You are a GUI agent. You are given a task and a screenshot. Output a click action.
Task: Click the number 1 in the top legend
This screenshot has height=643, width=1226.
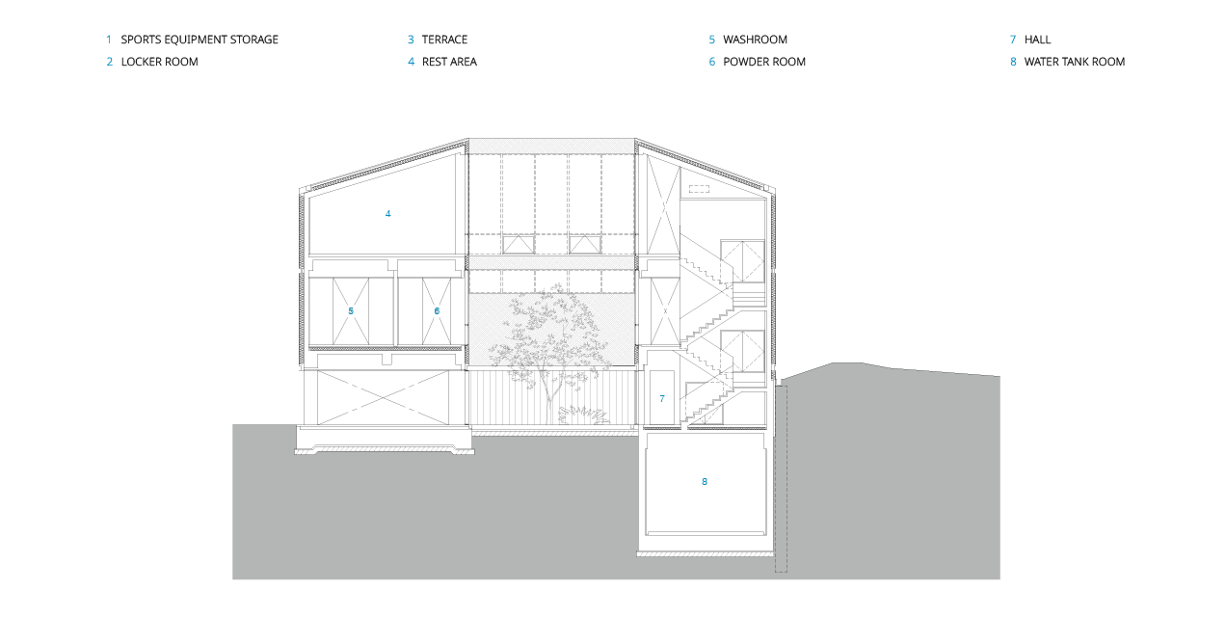pyautogui.click(x=109, y=40)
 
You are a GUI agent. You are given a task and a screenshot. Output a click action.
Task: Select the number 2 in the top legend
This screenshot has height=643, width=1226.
pyautogui.click(x=110, y=62)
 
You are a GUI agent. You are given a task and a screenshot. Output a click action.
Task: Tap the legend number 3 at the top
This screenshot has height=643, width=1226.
pyautogui.click(x=411, y=40)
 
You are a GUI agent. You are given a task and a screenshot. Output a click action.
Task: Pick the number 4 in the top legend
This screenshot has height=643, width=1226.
pyautogui.click(x=411, y=62)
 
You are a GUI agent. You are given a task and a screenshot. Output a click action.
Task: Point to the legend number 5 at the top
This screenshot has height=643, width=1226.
pyautogui.click(x=712, y=40)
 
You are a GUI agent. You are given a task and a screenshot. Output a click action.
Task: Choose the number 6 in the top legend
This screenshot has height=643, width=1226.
pyautogui.click(x=712, y=62)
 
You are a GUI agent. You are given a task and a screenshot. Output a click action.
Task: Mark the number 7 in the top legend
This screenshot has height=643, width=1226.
pyautogui.click(x=1013, y=40)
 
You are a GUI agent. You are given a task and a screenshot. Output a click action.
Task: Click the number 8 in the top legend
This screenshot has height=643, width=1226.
pyautogui.click(x=1013, y=62)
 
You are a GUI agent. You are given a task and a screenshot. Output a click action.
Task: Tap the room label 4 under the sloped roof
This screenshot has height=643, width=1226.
pyautogui.click(x=388, y=214)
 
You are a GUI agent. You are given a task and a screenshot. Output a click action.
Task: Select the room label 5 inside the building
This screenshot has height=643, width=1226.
pyautogui.click(x=351, y=311)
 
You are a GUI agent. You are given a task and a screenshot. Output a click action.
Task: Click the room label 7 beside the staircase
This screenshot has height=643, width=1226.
pyautogui.click(x=662, y=399)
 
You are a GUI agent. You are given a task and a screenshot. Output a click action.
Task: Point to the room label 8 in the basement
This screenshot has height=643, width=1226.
pyautogui.click(x=705, y=482)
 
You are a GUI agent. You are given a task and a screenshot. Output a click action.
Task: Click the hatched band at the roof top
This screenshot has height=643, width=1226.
pyautogui.click(x=551, y=146)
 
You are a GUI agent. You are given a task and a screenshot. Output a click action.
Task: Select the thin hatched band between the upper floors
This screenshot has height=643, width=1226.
pyautogui.click(x=551, y=262)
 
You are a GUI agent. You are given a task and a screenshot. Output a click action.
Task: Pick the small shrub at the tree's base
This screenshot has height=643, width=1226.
pyautogui.click(x=582, y=415)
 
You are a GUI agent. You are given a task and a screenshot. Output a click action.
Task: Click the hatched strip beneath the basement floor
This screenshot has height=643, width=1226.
pyautogui.click(x=705, y=554)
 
